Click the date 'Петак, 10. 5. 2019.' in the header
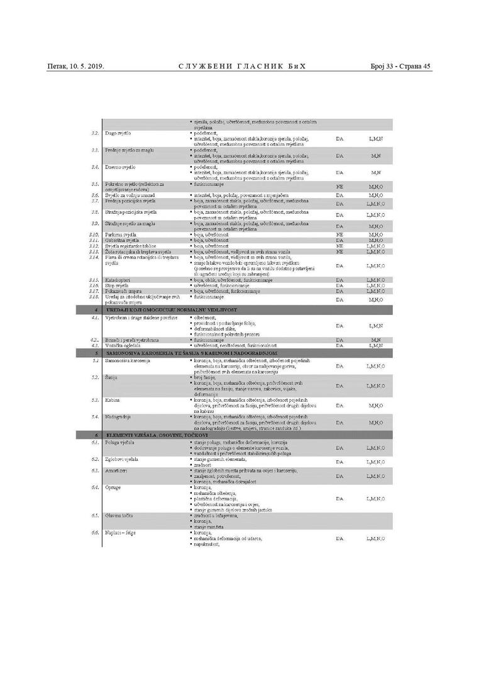(75, 66)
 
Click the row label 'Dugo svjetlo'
(117, 133)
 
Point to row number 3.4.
(95, 167)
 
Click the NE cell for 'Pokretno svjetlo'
(339, 187)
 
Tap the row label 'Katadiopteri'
(119, 280)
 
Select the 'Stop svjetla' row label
(118, 285)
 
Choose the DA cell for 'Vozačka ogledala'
(339, 346)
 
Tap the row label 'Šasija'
(111, 378)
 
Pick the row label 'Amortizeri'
(118, 470)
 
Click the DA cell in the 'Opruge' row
(339, 499)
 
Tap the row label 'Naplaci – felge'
(121, 533)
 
